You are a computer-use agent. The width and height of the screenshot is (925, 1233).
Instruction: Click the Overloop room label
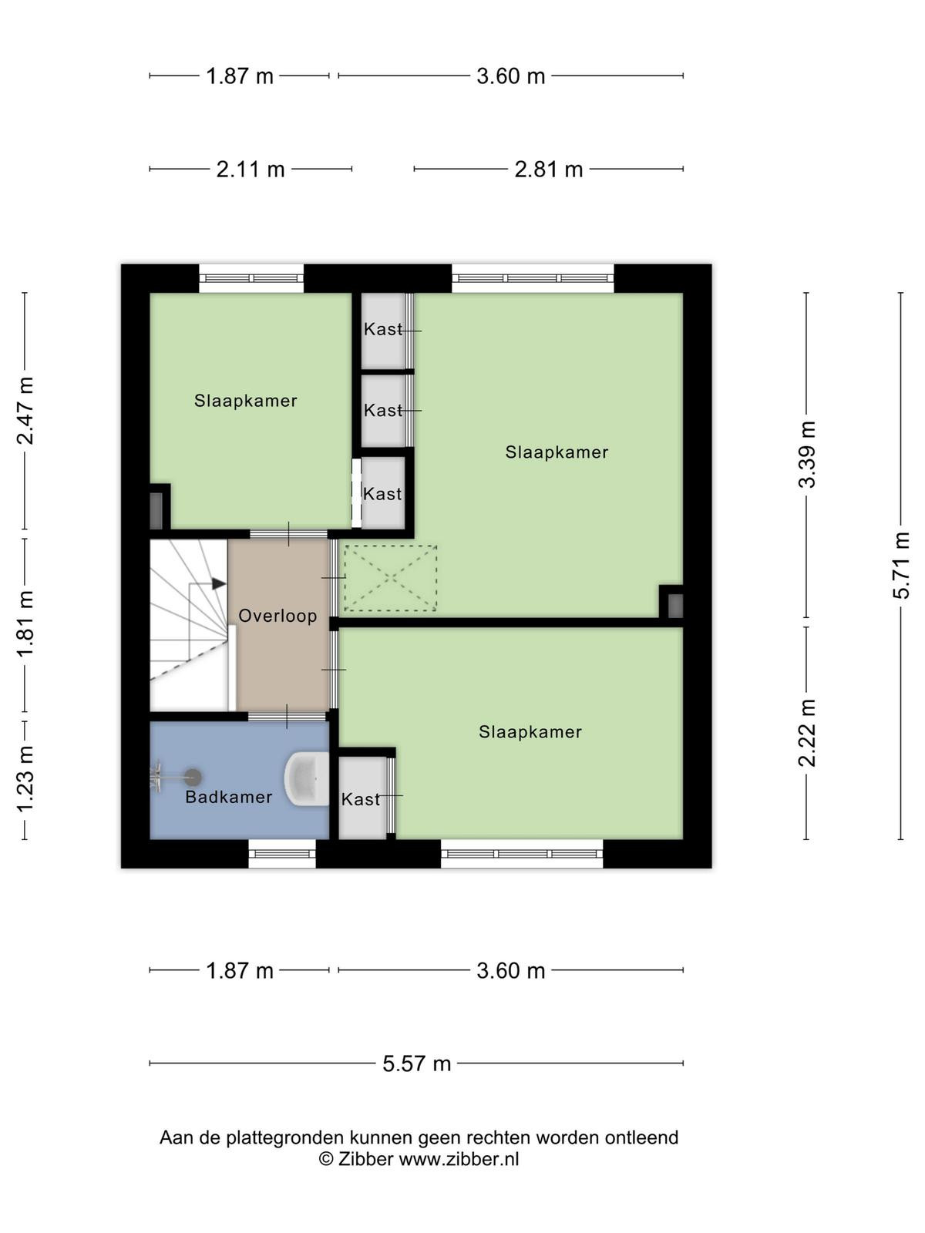tap(277, 616)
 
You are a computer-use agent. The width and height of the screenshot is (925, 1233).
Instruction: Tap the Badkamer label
tap(229, 797)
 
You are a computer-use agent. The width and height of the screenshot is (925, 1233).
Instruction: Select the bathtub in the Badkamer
tap(307, 779)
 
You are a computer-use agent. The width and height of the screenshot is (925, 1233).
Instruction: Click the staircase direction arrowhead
tap(218, 583)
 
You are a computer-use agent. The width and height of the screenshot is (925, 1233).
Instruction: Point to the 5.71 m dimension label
tap(900, 565)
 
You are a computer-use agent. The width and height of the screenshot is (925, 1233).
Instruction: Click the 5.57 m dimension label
tap(417, 1063)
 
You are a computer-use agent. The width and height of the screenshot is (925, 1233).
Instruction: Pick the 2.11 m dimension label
tap(251, 169)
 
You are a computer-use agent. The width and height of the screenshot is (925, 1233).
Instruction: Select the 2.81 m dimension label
tap(549, 169)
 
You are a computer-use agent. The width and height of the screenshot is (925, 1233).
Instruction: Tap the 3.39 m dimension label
tap(806, 454)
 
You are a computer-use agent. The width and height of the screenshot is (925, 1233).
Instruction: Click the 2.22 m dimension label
tap(806, 733)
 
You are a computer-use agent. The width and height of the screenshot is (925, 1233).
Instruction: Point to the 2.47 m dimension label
tap(25, 411)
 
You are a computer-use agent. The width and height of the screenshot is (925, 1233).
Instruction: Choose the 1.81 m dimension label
tap(25, 623)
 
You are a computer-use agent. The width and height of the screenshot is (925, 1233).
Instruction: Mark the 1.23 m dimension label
tap(25, 778)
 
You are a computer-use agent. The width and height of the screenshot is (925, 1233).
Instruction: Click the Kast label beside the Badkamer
tap(361, 799)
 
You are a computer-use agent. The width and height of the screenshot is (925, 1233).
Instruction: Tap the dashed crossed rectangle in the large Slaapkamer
tap(390, 578)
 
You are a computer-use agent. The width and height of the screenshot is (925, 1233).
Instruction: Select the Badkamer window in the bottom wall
tap(282, 854)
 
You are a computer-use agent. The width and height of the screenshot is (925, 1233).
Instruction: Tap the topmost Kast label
tap(383, 329)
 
